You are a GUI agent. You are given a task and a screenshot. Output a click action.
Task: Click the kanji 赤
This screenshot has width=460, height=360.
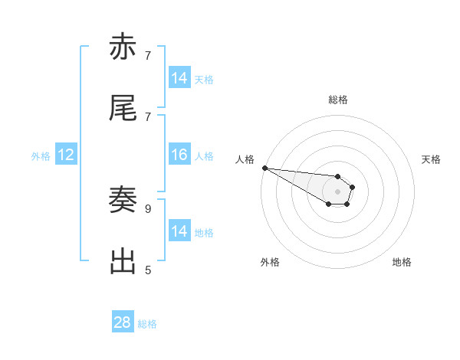click(x=123, y=48)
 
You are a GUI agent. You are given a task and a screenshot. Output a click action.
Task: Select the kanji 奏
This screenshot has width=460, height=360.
click(x=123, y=201)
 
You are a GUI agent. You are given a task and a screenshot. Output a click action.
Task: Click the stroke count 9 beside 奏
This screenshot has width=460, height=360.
click(x=147, y=208)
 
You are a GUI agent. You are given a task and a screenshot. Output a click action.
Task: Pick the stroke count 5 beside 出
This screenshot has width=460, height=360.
click(x=147, y=270)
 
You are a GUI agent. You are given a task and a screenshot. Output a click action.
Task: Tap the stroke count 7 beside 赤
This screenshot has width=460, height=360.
click(x=147, y=55)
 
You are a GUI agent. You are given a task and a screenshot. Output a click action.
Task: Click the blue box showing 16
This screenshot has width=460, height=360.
click(x=179, y=155)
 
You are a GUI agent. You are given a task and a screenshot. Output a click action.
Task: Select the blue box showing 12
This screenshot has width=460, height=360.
click(x=66, y=155)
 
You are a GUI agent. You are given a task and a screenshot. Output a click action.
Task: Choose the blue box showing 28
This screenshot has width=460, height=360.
click(x=123, y=323)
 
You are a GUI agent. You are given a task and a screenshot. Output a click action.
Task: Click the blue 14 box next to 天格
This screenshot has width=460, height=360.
click(x=179, y=78)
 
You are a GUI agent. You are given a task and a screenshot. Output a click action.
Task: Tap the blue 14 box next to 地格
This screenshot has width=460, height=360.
click(x=179, y=231)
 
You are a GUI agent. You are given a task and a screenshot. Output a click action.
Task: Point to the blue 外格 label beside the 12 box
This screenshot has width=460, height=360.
click(x=41, y=156)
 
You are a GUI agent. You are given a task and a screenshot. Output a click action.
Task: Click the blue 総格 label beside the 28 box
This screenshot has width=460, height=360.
click(x=147, y=324)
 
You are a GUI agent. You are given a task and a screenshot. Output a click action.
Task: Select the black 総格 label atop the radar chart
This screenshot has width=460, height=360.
click(x=337, y=100)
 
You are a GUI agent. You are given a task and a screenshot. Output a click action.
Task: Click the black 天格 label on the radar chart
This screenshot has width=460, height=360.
click(x=432, y=159)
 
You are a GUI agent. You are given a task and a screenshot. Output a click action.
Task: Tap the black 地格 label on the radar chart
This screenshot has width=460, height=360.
click(x=402, y=262)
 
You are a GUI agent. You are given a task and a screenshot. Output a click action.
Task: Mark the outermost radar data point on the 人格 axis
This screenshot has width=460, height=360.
click(x=264, y=168)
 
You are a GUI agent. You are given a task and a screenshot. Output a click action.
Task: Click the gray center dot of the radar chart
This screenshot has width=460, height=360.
click(x=337, y=191)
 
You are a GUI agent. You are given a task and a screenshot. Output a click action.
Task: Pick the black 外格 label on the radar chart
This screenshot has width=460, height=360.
click(x=270, y=262)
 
